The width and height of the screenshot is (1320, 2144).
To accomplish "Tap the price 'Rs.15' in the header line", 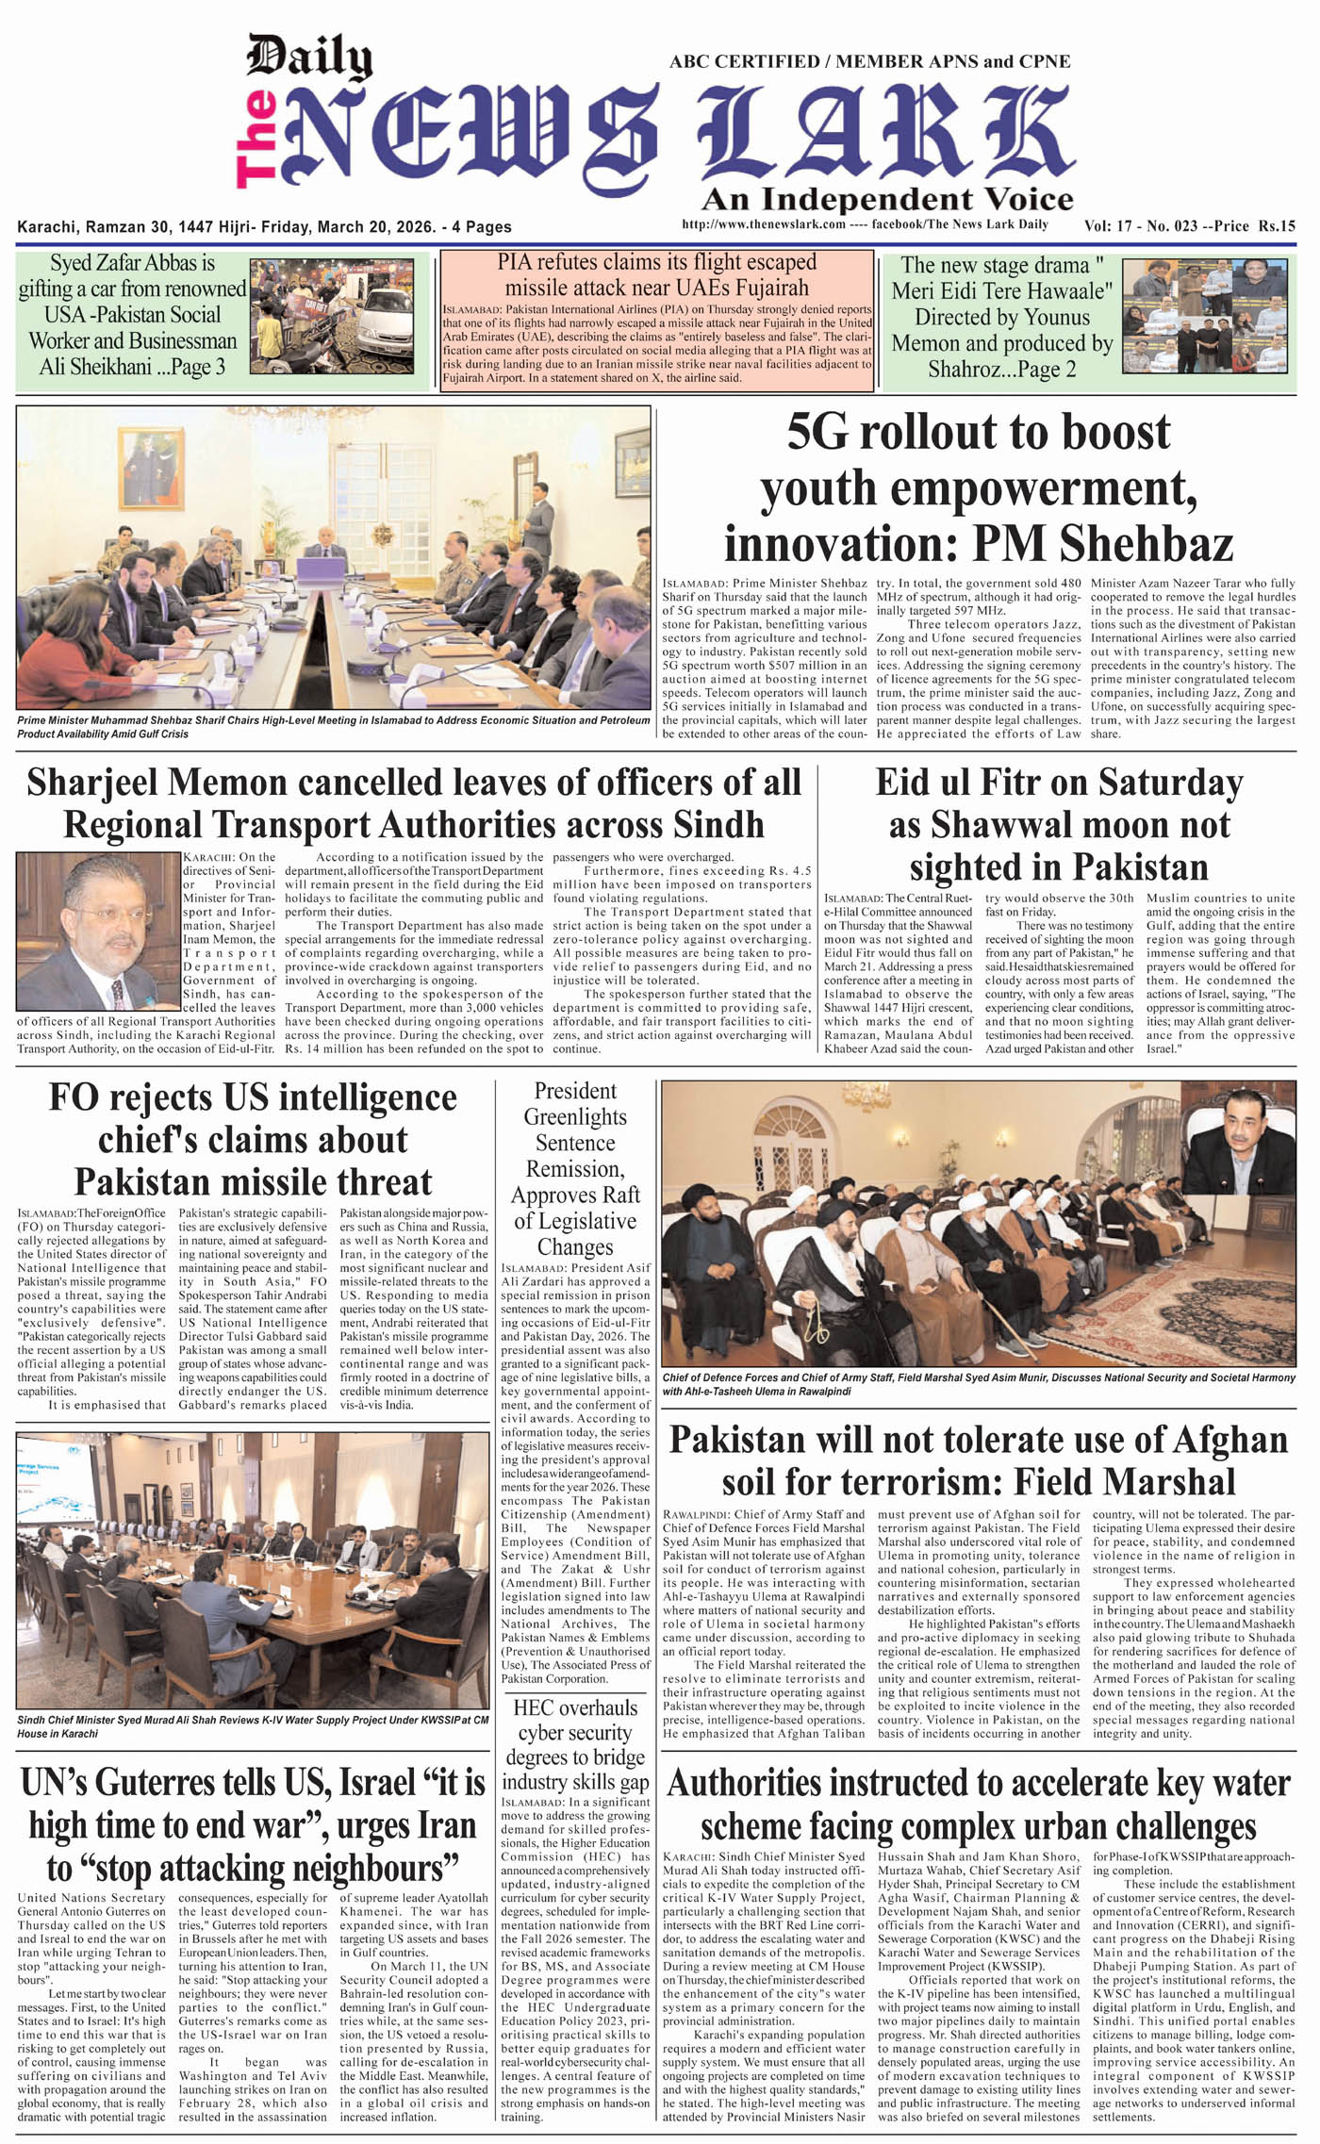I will point(1276,226).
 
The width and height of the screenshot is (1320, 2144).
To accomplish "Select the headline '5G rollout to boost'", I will point(978,433).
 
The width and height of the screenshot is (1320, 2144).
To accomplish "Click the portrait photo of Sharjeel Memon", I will point(99,930).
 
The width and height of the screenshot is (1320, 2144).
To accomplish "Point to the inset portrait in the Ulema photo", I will point(1239,1147).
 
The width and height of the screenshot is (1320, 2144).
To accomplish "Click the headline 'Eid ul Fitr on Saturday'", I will point(1059,783).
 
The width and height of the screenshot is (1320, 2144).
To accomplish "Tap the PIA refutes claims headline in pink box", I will point(656,274).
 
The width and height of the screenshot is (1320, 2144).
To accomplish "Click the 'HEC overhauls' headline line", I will point(574,1707).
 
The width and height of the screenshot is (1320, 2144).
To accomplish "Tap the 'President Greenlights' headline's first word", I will point(575,1091).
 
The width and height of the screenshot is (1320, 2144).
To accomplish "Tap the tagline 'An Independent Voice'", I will point(886,200).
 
